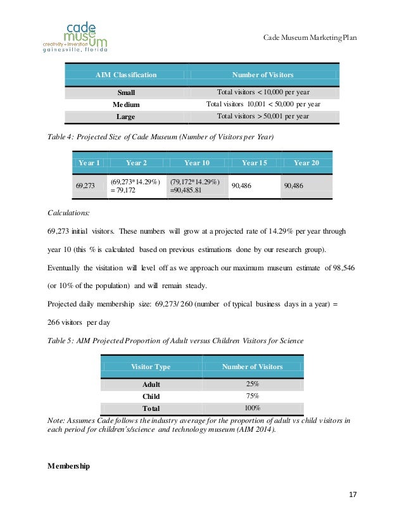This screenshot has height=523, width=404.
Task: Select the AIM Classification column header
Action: tap(126, 75)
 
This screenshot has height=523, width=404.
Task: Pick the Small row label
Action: tap(125, 92)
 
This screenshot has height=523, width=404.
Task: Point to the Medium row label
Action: tap(126, 104)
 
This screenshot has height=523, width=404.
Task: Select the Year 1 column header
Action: tap(89, 163)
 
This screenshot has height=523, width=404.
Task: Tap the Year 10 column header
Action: tap(197, 163)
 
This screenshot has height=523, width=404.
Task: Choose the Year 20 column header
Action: tap(306, 163)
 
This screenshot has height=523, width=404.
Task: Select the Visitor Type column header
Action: tap(150, 367)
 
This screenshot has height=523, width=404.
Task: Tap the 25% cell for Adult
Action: tap(252, 384)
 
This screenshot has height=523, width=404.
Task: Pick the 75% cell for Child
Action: tap(252, 396)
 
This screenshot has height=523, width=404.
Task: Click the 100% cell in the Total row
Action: tap(252, 408)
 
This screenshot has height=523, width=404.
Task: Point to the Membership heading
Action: tap(68, 467)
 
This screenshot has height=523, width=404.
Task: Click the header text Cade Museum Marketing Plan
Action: tap(310, 38)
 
